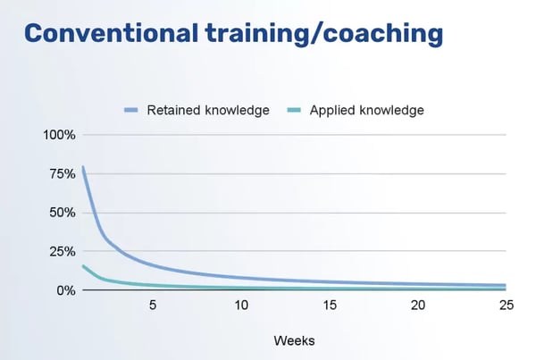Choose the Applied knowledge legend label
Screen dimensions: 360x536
[366, 111]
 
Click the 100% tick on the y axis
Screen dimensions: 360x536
[59, 135]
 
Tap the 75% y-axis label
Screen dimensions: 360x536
[63, 174]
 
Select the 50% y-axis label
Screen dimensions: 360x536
[63, 213]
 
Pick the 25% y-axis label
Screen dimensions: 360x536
[63, 252]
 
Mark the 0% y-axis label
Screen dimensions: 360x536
[66, 290]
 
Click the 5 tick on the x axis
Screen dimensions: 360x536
[153, 306]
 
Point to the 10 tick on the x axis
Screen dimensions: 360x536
[241, 306]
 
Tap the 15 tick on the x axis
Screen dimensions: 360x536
[329, 306]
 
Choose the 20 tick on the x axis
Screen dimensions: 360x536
[417, 306]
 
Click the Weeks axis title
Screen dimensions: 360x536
[294, 340]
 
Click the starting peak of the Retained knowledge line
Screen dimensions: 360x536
[83, 167]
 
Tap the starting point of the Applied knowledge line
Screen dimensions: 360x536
[83, 265]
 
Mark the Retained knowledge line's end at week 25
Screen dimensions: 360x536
[505, 285]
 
